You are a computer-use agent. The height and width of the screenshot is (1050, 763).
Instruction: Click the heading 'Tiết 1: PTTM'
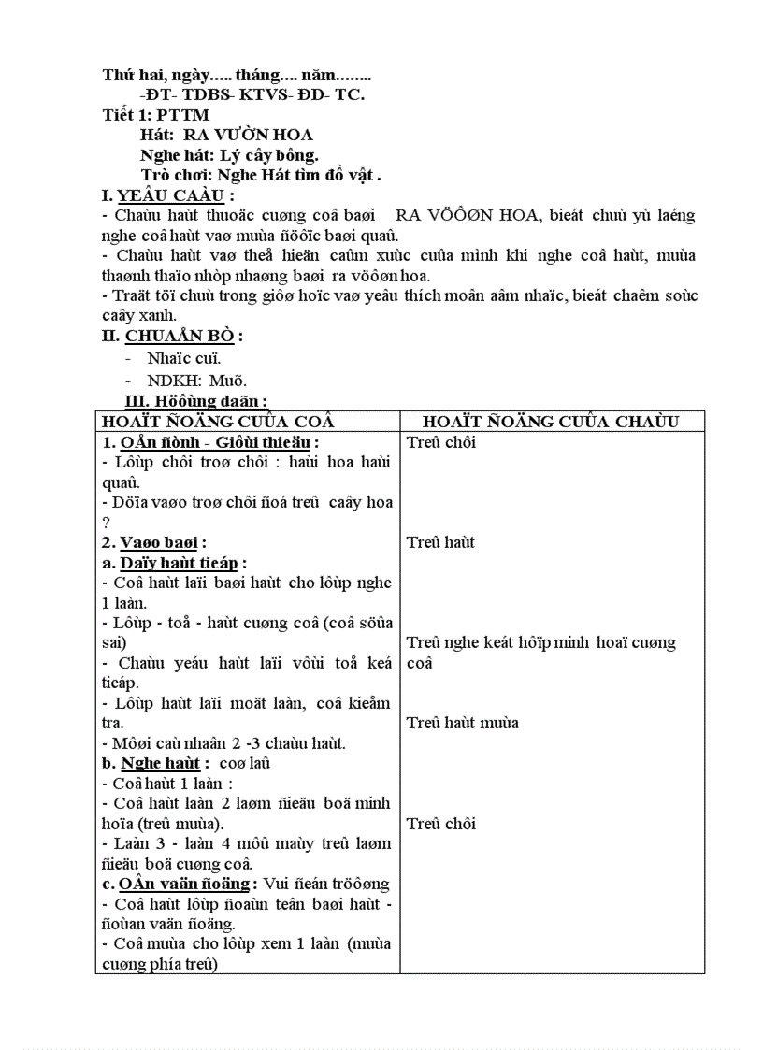[156, 114]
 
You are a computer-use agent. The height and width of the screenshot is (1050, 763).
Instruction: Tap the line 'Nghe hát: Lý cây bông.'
[229, 155]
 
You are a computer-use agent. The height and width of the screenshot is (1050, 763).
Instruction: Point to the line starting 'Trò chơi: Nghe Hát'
[261, 175]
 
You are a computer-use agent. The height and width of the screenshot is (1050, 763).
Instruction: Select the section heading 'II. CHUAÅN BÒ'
[173, 337]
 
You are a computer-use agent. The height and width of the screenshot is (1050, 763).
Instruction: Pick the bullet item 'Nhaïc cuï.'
[184, 357]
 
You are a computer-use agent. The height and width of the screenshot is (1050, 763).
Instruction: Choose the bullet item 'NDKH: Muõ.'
[196, 381]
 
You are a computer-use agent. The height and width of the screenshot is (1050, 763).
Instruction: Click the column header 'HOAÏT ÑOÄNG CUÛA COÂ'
[218, 422]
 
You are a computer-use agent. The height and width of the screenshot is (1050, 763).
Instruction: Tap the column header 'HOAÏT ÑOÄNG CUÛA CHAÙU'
[551, 422]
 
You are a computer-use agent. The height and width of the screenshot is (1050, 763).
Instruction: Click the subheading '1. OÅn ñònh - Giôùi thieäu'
[209, 442]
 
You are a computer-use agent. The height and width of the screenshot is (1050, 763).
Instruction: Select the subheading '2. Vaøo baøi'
[153, 542]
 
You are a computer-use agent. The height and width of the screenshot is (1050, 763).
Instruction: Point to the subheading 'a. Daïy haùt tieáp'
[174, 563]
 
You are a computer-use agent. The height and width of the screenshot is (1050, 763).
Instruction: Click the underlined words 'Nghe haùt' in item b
[159, 763]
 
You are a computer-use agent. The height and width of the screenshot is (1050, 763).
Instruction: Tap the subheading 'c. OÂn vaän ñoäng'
[177, 884]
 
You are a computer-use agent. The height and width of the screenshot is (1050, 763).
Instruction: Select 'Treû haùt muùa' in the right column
[463, 723]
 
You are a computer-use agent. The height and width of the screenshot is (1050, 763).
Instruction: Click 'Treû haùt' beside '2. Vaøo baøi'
[441, 542]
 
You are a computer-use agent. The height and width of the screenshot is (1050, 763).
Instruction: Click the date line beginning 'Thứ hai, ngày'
[237, 73]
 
